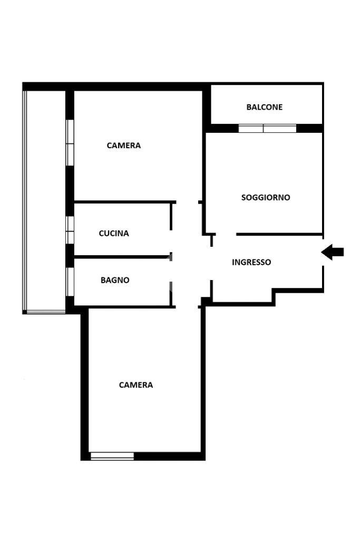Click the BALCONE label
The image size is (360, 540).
click(264, 107)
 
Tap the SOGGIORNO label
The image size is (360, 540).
click(266, 198)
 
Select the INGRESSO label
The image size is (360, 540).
click(251, 262)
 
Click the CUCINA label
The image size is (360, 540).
click(114, 234)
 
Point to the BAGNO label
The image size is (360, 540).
click(115, 281)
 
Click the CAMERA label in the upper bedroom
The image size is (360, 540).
click(123, 146)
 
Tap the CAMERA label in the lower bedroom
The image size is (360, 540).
click(136, 385)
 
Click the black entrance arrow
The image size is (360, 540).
click(333, 252)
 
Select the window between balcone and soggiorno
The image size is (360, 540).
click(267, 129)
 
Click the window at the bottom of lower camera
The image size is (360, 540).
click(112, 456)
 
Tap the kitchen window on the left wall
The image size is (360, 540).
click(70, 230)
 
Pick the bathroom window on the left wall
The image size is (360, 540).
click(70, 282)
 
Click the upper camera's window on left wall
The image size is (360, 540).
click(70, 143)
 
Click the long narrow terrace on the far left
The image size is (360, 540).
click(44, 201)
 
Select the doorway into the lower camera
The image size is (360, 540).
click(187, 307)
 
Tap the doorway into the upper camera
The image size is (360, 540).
click(187, 202)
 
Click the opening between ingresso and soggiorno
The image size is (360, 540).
click(226, 235)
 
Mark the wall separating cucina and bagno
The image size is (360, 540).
click(122, 257)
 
